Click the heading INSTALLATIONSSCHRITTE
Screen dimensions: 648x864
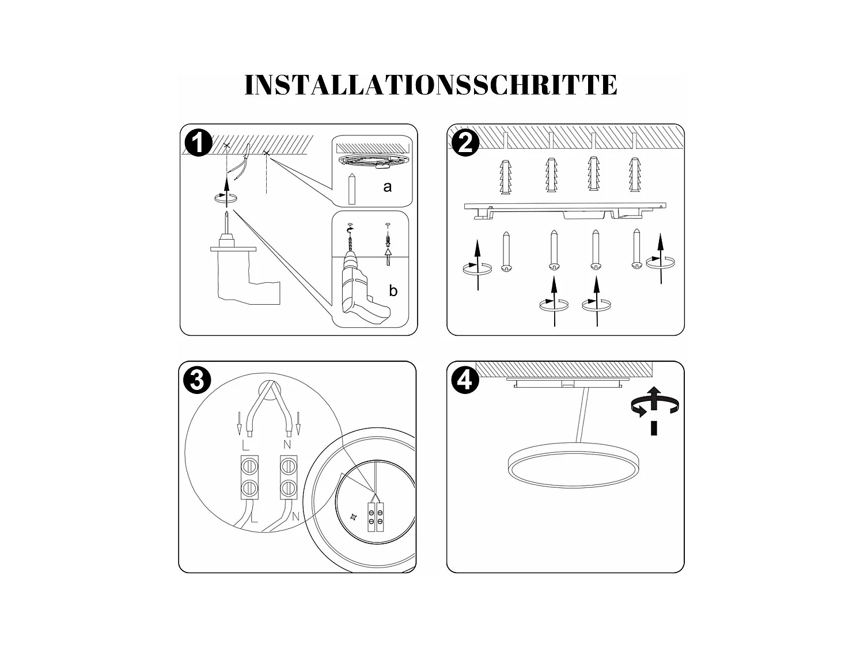coord(431,85)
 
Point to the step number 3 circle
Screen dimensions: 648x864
coord(196,381)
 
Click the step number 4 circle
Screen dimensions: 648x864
coord(464,381)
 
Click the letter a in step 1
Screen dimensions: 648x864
coord(387,187)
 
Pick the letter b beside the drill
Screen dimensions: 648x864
coord(393,291)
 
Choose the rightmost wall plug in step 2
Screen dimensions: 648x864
coord(635,176)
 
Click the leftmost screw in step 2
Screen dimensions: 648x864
coord(506,252)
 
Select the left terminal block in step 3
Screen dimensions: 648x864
coord(249,477)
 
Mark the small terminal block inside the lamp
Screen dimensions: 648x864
coord(376,514)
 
